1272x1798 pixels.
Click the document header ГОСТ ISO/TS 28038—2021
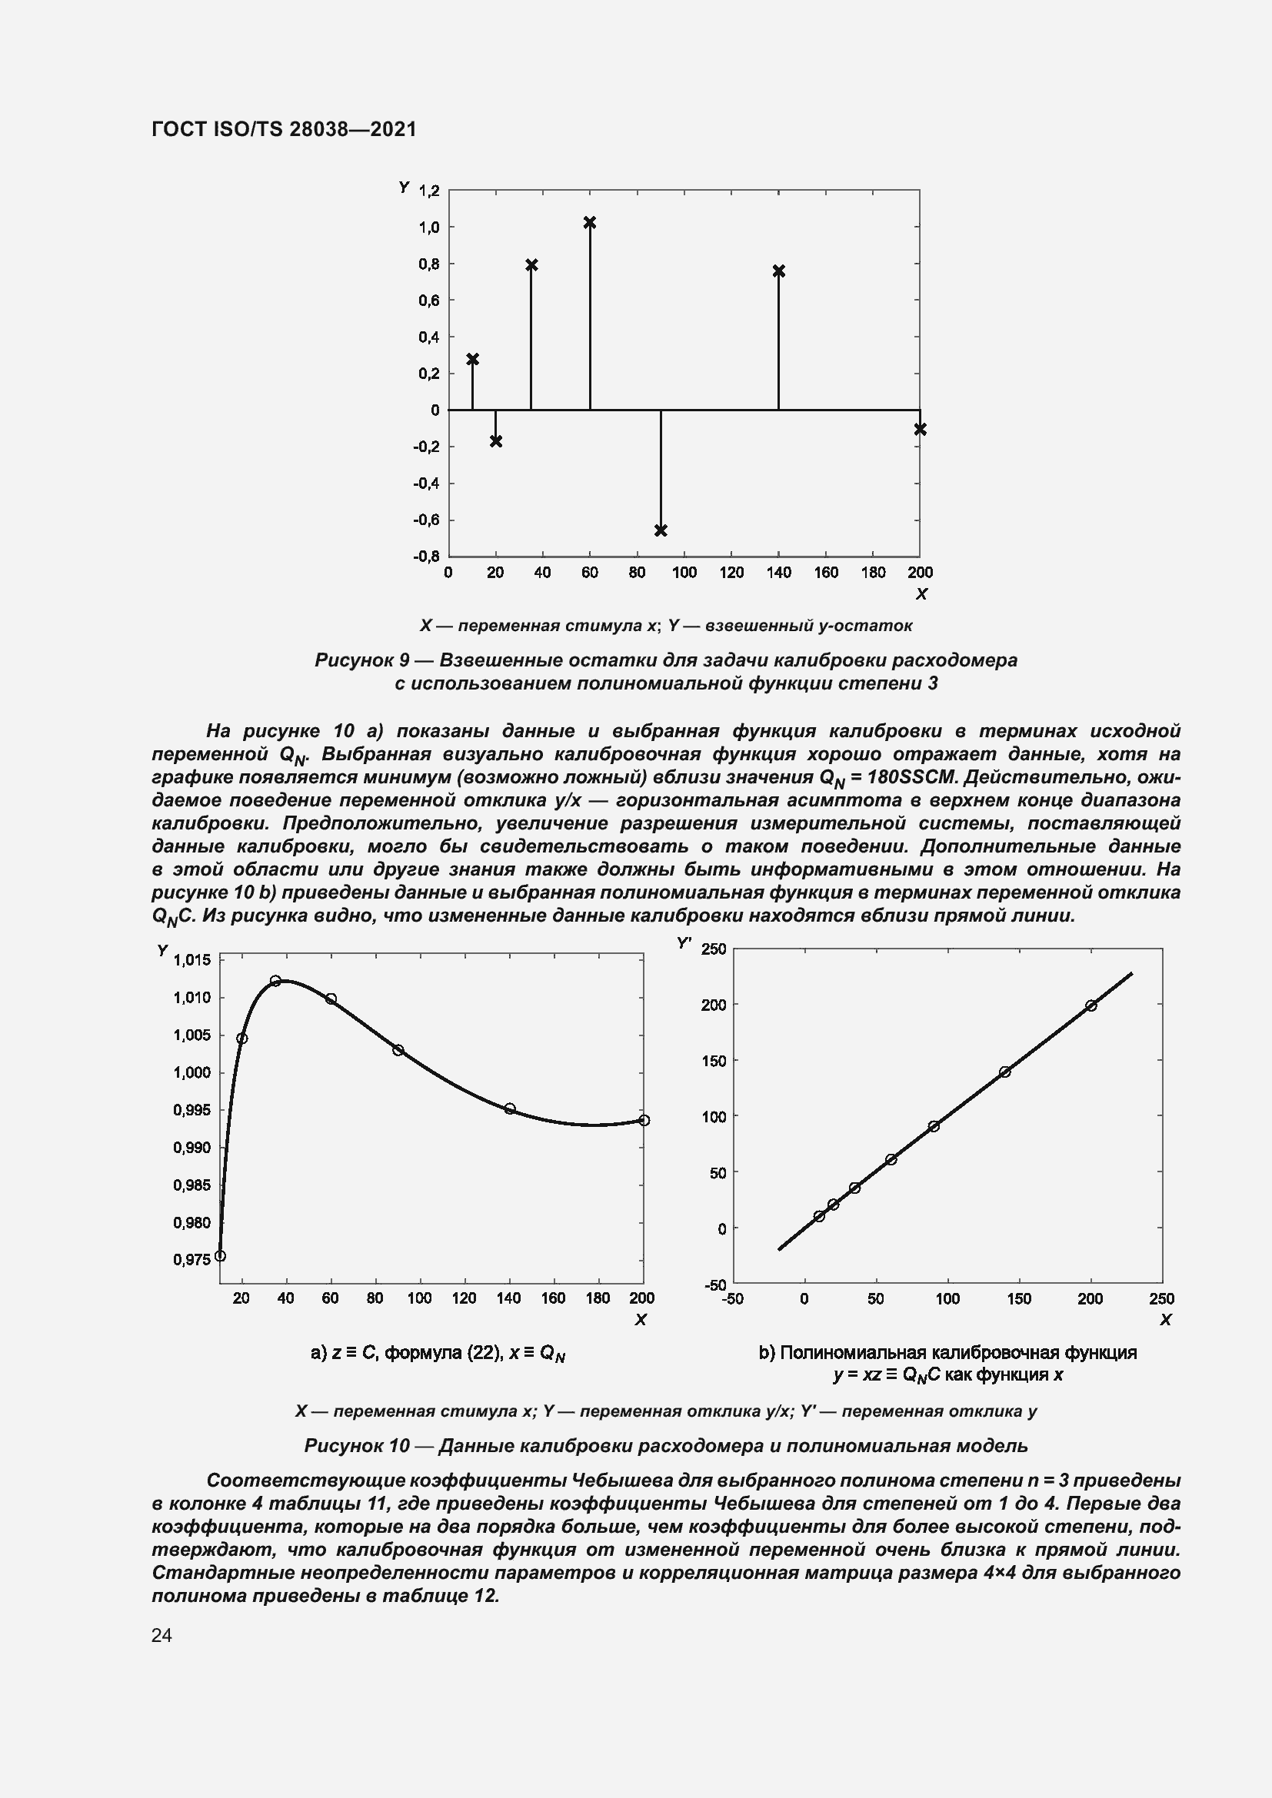284,129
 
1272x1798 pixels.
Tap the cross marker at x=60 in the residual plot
590,222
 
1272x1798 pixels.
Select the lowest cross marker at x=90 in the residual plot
661,530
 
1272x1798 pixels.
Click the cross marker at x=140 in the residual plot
778,271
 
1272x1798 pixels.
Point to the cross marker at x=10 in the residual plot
472,359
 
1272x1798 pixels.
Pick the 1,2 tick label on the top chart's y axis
429,191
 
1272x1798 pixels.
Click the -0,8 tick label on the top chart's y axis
426,556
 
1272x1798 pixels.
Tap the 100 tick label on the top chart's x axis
684,573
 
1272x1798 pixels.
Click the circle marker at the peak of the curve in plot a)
276,980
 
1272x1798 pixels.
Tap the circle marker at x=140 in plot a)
510,1108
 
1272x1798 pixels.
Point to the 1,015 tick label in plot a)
191,960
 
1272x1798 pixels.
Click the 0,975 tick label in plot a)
191,1259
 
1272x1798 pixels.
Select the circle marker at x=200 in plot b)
1091,1005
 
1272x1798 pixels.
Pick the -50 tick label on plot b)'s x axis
732,1298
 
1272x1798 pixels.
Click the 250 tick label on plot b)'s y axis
714,949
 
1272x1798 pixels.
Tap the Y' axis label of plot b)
684,944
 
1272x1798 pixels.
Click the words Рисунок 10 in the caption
356,1446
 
